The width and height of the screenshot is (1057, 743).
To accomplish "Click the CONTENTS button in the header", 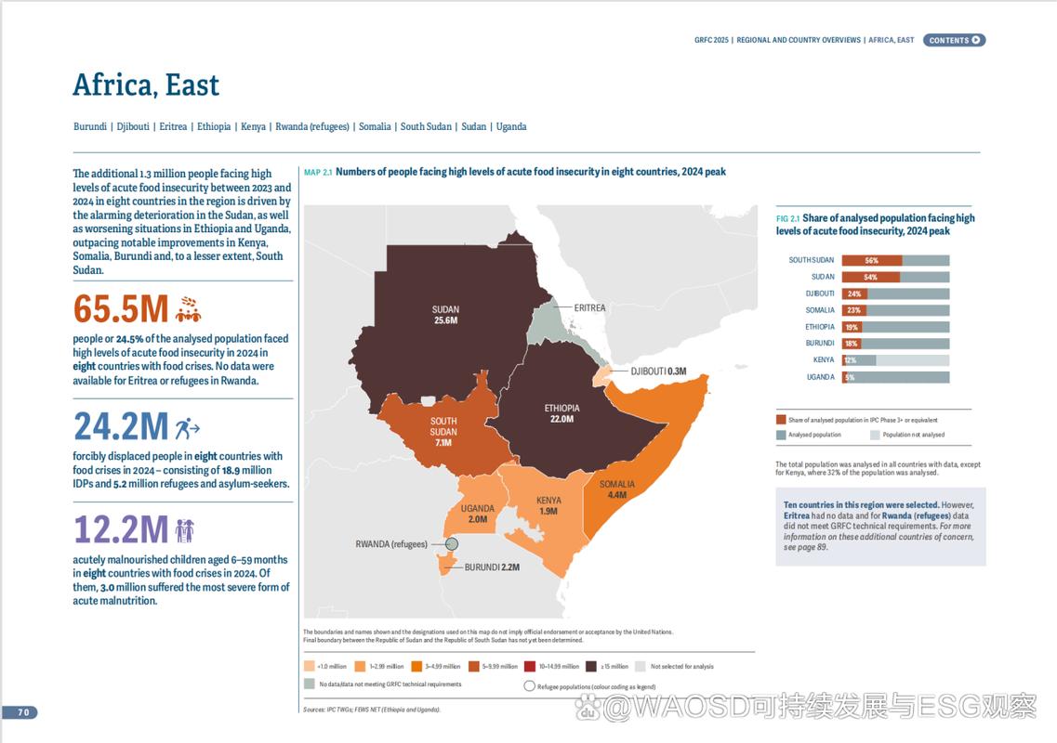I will tap(954, 40).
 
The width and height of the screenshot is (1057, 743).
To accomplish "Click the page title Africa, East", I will tap(146, 85).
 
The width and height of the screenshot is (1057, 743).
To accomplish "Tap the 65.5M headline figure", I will tap(121, 308).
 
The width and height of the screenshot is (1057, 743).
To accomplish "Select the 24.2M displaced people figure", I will tap(121, 426).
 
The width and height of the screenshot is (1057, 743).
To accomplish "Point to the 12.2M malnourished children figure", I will tap(121, 529).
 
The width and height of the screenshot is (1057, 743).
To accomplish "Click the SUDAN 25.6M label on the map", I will tap(445, 315).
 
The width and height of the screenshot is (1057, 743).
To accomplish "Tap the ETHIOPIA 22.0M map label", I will tap(562, 413).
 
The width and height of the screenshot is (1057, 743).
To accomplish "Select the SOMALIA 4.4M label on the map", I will tap(617, 489).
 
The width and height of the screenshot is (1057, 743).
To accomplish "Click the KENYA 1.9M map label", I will tap(548, 506).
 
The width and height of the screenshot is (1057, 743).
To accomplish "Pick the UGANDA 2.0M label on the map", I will tap(477, 514).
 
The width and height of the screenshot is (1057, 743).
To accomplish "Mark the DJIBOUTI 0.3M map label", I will tap(658, 371).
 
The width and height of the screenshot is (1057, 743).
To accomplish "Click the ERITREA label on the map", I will tap(589, 307).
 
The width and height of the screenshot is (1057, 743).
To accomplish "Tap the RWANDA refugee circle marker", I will tap(452, 544).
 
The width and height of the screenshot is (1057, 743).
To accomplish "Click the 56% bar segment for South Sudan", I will tap(871, 260).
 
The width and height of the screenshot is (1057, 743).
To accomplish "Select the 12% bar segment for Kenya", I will tap(849, 360).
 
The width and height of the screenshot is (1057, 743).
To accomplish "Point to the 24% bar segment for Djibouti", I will tap(854, 293).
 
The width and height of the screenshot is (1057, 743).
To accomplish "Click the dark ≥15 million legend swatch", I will tap(590, 666).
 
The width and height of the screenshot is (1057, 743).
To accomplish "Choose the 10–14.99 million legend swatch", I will tap(529, 666).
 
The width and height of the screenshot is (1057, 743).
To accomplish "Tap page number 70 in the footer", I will tap(23, 712).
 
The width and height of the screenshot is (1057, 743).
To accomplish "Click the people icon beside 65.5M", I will tap(188, 308).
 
